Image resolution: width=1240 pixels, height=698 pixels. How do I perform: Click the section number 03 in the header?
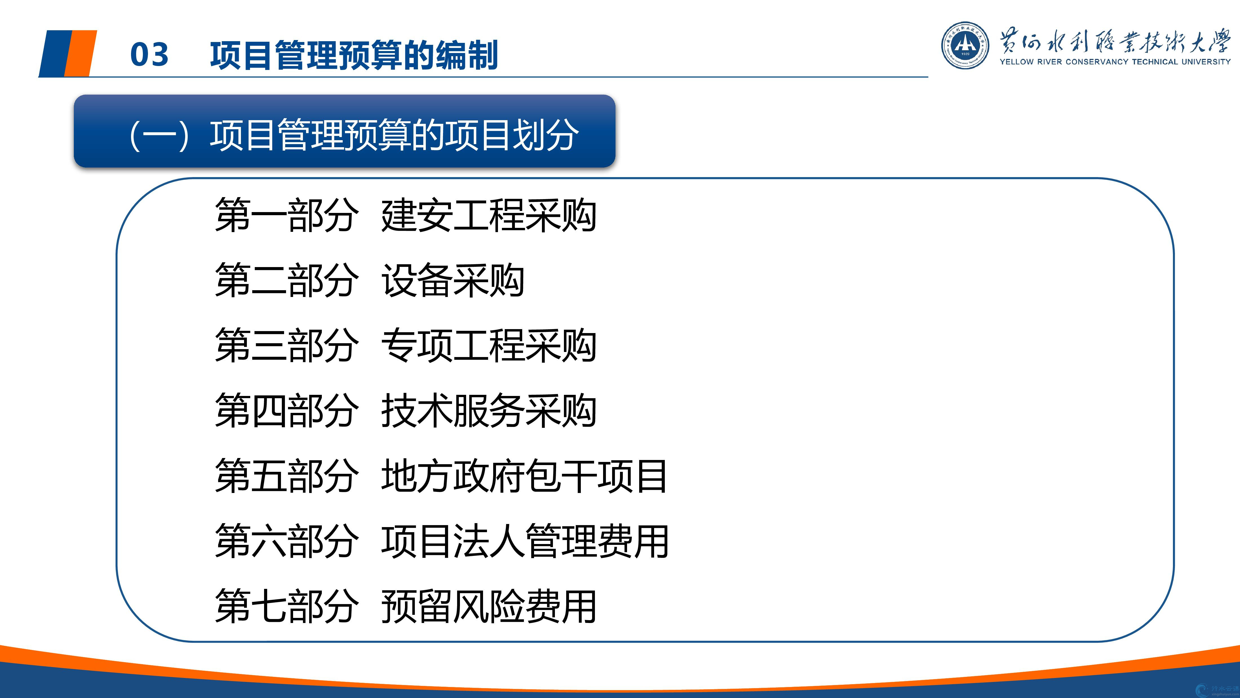(x=149, y=54)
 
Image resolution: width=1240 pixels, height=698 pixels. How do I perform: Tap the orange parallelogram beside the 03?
(x=80, y=53)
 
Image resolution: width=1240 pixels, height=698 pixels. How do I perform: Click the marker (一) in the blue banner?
(x=159, y=135)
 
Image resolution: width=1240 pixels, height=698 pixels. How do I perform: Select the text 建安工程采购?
(x=489, y=215)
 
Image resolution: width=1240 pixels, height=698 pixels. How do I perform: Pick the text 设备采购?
(x=453, y=280)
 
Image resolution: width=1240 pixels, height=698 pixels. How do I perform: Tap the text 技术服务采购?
(x=489, y=410)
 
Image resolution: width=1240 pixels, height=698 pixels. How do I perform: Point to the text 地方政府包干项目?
(x=524, y=476)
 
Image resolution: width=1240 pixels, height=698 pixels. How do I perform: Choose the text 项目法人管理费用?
(x=525, y=541)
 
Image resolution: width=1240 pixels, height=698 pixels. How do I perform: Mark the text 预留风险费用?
(x=489, y=606)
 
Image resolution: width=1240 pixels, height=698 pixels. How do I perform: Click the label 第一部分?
(x=287, y=215)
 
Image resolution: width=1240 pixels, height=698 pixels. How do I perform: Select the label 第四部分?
(x=287, y=410)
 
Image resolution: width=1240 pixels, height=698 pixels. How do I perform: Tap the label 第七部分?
(x=287, y=606)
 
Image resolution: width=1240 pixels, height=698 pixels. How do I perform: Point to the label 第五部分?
(x=287, y=476)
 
